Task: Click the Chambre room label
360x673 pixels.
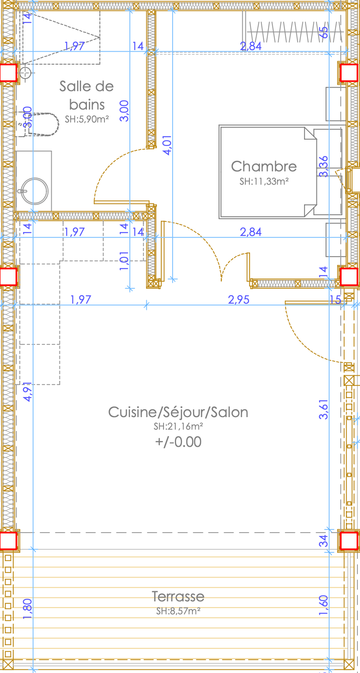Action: pyautogui.click(x=264, y=166)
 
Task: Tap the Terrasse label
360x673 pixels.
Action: pyautogui.click(x=178, y=596)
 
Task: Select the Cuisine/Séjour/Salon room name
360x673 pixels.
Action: pyautogui.click(x=178, y=412)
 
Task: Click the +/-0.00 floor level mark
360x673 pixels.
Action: pyautogui.click(x=178, y=442)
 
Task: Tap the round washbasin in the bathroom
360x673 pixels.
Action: pyautogui.click(x=34, y=191)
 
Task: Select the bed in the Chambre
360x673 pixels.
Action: pyautogui.click(x=268, y=171)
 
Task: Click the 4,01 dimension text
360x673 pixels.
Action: pyautogui.click(x=167, y=145)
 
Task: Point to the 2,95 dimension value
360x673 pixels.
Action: pyautogui.click(x=239, y=299)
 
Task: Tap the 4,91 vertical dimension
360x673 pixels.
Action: pyautogui.click(x=28, y=392)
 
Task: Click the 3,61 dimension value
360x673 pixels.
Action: pyautogui.click(x=324, y=409)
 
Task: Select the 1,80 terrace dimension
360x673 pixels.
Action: pyautogui.click(x=28, y=609)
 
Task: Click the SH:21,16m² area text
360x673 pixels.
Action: pyautogui.click(x=178, y=426)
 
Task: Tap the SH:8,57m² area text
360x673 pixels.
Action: pyautogui.click(x=178, y=611)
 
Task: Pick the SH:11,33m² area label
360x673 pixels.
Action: pyautogui.click(x=264, y=181)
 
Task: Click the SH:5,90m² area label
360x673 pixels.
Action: pyautogui.click(x=87, y=119)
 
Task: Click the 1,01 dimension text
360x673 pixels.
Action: pyautogui.click(x=124, y=261)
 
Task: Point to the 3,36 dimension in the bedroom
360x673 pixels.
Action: pyautogui.click(x=324, y=167)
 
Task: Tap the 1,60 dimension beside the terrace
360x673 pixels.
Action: pyautogui.click(x=324, y=605)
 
